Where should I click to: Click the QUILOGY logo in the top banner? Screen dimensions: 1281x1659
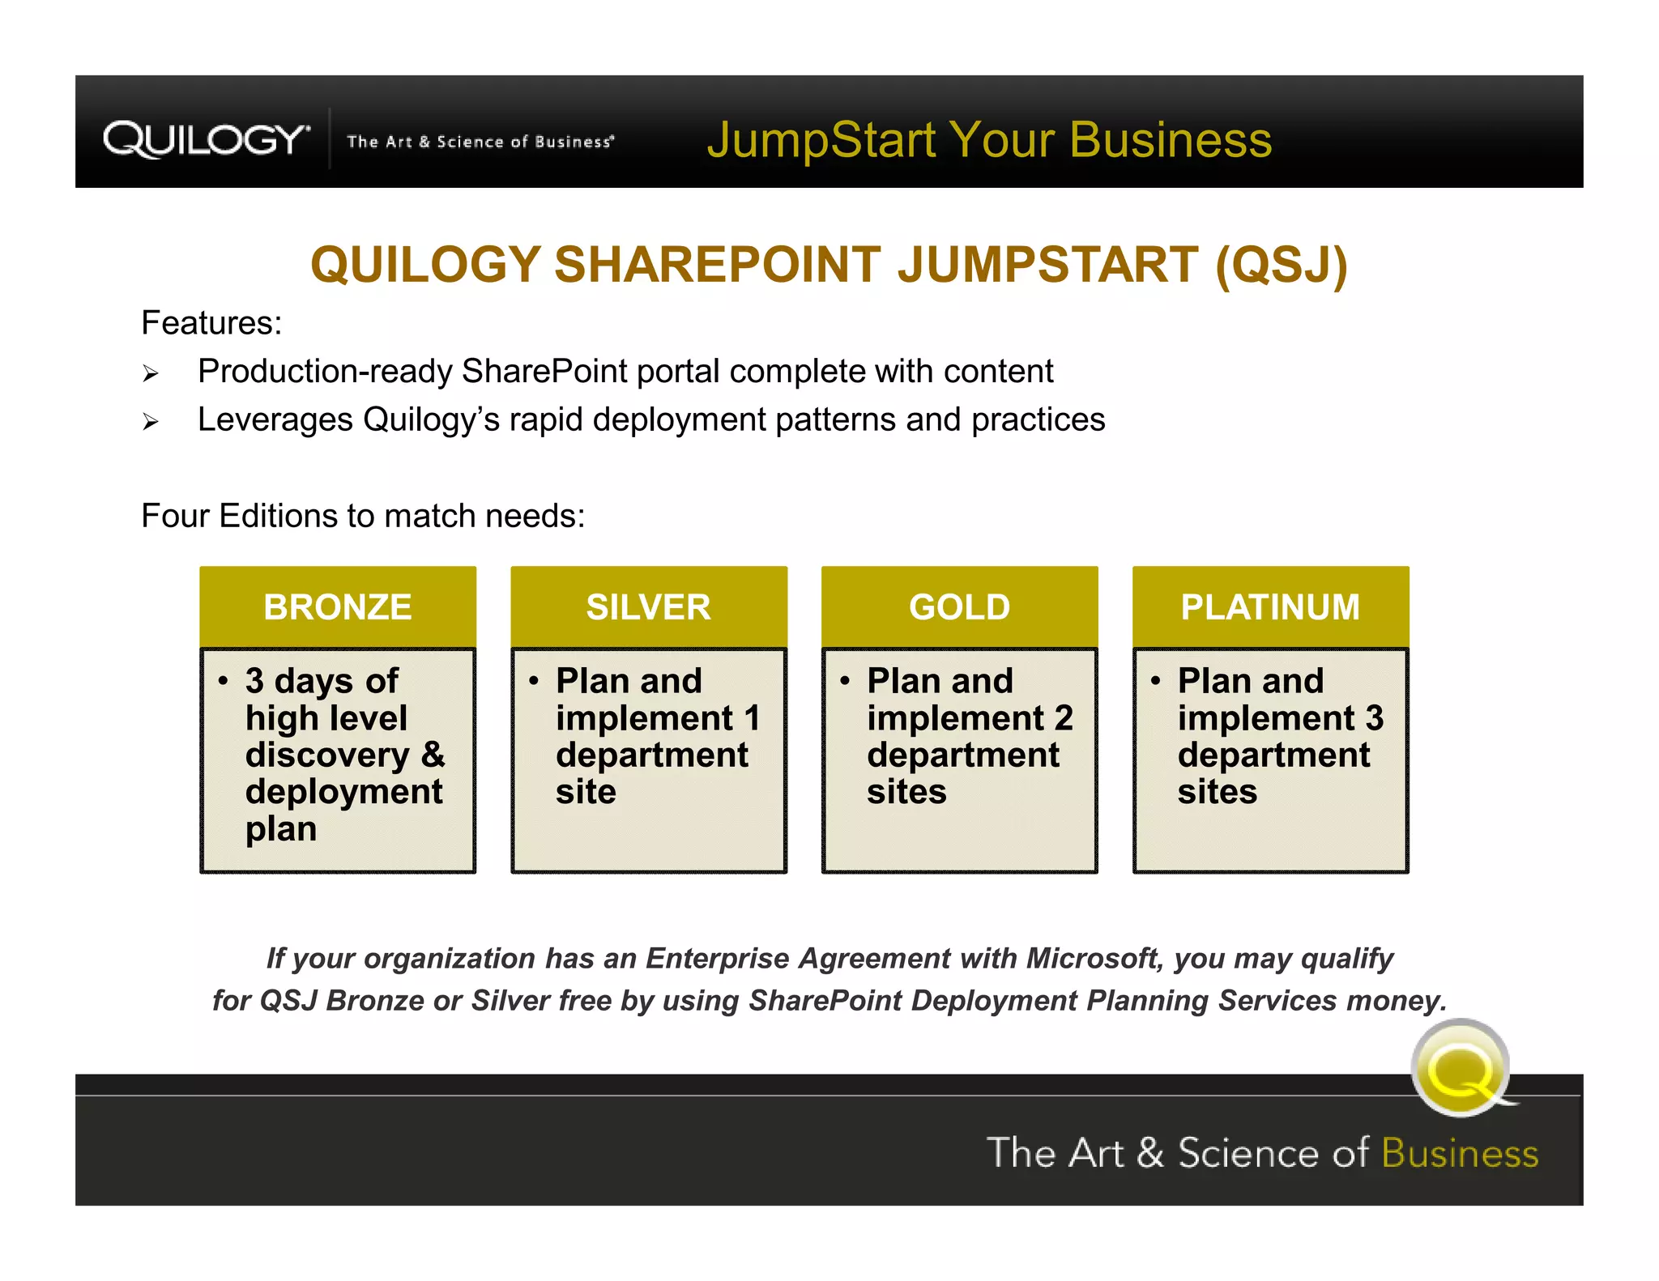[x=206, y=139]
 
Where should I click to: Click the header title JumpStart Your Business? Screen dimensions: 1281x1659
[x=989, y=139]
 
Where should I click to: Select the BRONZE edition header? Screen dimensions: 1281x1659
[x=338, y=607]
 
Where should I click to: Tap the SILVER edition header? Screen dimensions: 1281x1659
[x=648, y=607]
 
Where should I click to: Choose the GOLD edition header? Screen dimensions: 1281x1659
[x=959, y=607]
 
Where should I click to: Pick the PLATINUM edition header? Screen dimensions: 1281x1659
[x=1270, y=607]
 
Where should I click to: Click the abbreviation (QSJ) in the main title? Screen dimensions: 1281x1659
[x=1282, y=265]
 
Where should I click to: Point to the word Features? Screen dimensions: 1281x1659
[x=211, y=323]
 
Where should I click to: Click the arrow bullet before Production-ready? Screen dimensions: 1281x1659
[x=151, y=373]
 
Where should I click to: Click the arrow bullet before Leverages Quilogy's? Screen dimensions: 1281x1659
[x=151, y=422]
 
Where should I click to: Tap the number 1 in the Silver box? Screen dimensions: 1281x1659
[x=752, y=718]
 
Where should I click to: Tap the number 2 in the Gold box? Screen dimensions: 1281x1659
[x=1063, y=718]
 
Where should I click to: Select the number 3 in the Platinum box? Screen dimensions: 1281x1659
[x=1374, y=718]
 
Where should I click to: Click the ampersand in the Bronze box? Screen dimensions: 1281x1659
[x=433, y=755]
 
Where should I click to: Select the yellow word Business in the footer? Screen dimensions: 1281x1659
[x=1460, y=1153]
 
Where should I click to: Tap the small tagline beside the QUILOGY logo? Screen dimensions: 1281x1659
[x=480, y=142]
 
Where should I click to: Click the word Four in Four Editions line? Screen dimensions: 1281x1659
[x=175, y=517]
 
